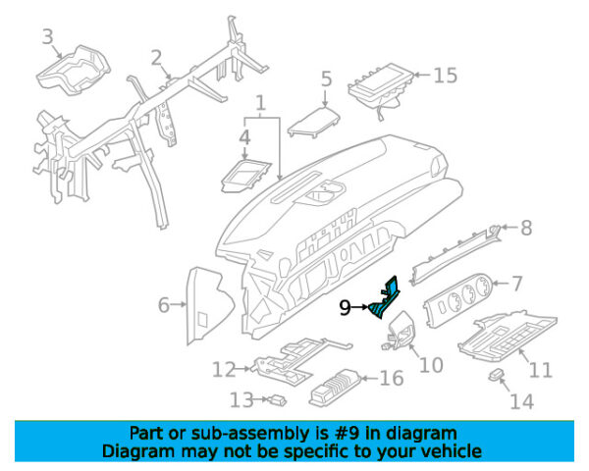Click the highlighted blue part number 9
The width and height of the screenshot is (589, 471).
pos(384,298)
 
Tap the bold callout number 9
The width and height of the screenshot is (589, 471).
pos(345,308)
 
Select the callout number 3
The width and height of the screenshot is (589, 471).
pos(48,37)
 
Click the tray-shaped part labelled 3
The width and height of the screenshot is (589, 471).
pos(74,71)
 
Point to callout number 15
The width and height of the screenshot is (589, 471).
pos(446,76)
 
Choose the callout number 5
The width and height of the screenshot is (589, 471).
pos(327,79)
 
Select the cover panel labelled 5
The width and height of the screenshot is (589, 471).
pos(314,122)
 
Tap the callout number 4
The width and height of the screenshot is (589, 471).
pos(244,137)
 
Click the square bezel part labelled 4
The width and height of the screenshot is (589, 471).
pos(246,176)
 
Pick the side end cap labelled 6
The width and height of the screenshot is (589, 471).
pos(209,304)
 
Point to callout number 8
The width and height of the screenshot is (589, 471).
pos(526,228)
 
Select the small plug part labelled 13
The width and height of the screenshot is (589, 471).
pos(278,400)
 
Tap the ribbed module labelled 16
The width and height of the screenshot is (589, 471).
pos(335,388)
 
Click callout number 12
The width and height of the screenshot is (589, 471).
pos(224,369)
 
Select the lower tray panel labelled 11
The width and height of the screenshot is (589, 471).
pos(508,337)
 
